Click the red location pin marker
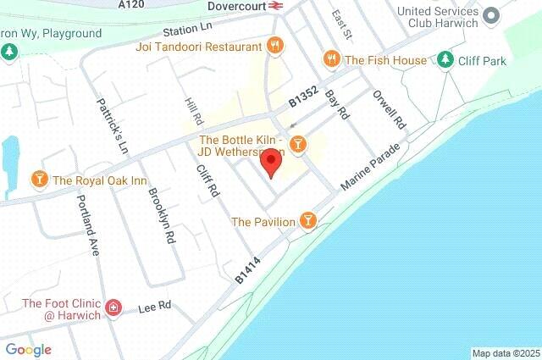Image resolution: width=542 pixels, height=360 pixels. click(271, 162)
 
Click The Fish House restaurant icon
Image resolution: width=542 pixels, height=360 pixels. click(331, 59)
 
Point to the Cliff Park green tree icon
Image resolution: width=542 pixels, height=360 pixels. click(445, 59)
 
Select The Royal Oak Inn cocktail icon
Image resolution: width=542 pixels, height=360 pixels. click(38, 180)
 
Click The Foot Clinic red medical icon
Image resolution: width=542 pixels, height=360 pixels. click(113, 307)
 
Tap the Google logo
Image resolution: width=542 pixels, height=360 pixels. click(28, 349)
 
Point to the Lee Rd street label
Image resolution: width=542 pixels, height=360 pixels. click(154, 307)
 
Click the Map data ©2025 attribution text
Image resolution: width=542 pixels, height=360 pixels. click(505, 352)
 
